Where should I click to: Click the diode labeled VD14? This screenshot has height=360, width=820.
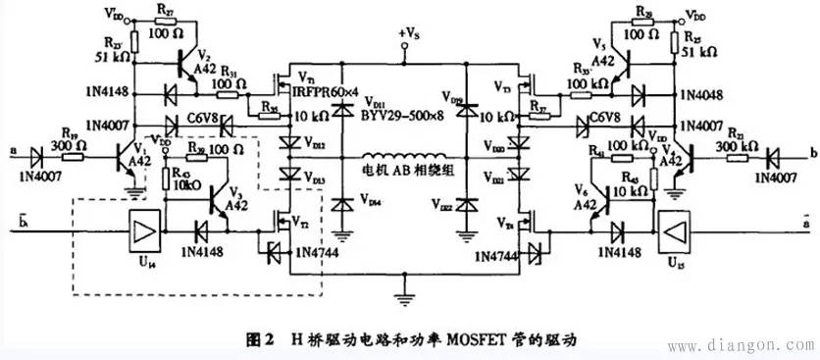342,205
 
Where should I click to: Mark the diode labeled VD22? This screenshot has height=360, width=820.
468,205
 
